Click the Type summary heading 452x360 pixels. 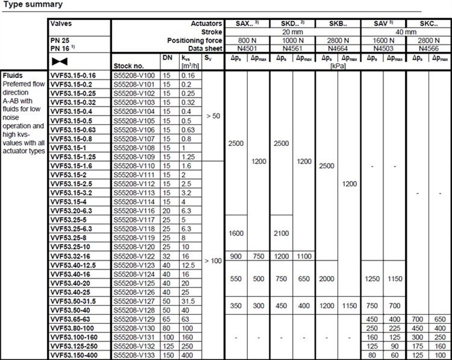(31, 5)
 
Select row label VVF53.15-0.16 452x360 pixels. (72, 76)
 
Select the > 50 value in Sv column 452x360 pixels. (212, 115)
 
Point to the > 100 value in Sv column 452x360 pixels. (212, 261)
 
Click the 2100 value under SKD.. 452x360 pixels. (281, 233)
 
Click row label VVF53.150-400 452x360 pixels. (74, 355)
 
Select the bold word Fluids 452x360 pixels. (12, 76)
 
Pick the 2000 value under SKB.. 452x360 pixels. (326, 279)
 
